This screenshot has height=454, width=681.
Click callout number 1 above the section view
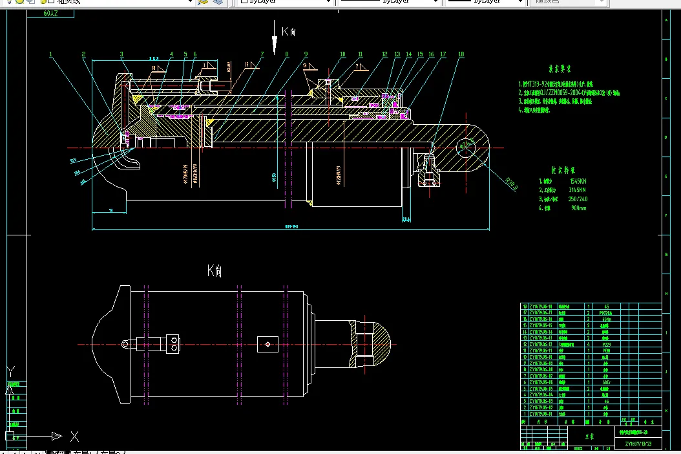(x=50, y=54)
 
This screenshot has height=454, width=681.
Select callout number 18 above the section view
(x=461, y=54)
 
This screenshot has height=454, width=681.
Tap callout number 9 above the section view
(x=306, y=54)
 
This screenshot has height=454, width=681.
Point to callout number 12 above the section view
(x=384, y=54)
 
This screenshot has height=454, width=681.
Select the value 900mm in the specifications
(x=578, y=208)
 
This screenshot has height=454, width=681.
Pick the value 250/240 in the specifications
(x=578, y=199)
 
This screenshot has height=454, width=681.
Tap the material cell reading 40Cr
(x=606, y=382)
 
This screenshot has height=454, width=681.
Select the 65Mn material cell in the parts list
(x=606, y=319)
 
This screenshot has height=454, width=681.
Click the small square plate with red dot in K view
(x=267, y=344)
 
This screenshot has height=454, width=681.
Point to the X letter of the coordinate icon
(x=74, y=436)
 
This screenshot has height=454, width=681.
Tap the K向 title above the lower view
(x=215, y=271)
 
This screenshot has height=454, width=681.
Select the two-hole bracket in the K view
(x=173, y=343)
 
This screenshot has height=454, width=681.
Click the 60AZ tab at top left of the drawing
(x=52, y=13)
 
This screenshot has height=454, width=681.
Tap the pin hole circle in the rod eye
(x=465, y=146)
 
